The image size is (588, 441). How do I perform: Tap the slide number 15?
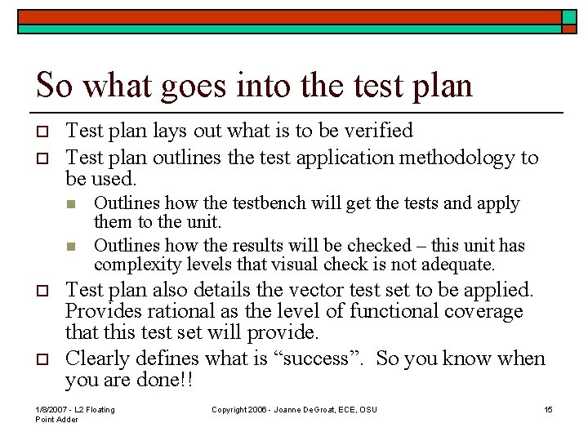click(x=549, y=409)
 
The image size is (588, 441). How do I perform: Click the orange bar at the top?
click(x=286, y=16)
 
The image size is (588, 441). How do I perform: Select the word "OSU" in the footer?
click(x=368, y=409)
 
